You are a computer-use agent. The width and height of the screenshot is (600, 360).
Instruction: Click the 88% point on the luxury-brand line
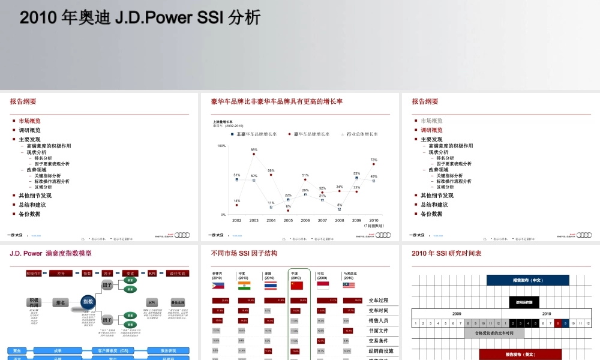point(254,154)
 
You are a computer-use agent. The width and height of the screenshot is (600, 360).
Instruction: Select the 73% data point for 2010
point(374,164)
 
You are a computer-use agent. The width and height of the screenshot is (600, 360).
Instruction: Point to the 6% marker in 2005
point(288,209)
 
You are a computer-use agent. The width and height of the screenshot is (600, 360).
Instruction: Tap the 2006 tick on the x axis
point(305,220)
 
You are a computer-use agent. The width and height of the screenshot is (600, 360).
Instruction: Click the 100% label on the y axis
point(221,145)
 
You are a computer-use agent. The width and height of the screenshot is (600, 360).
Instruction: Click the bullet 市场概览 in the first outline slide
point(29,121)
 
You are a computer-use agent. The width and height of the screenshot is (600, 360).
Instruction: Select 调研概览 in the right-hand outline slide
point(431,130)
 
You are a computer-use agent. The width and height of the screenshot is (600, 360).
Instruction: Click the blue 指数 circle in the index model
point(88,302)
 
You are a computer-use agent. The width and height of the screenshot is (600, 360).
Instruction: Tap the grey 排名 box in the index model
point(60,302)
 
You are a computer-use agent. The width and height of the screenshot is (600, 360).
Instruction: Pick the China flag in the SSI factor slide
point(297,286)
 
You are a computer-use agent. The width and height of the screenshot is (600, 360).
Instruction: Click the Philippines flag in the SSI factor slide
point(218,286)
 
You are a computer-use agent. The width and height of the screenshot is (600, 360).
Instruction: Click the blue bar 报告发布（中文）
point(527,280)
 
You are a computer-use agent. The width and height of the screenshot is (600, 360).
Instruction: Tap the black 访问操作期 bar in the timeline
point(524,302)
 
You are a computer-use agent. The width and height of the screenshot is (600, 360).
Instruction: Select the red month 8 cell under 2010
point(557,323)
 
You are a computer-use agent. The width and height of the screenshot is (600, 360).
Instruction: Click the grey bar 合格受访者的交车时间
point(494,333)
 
